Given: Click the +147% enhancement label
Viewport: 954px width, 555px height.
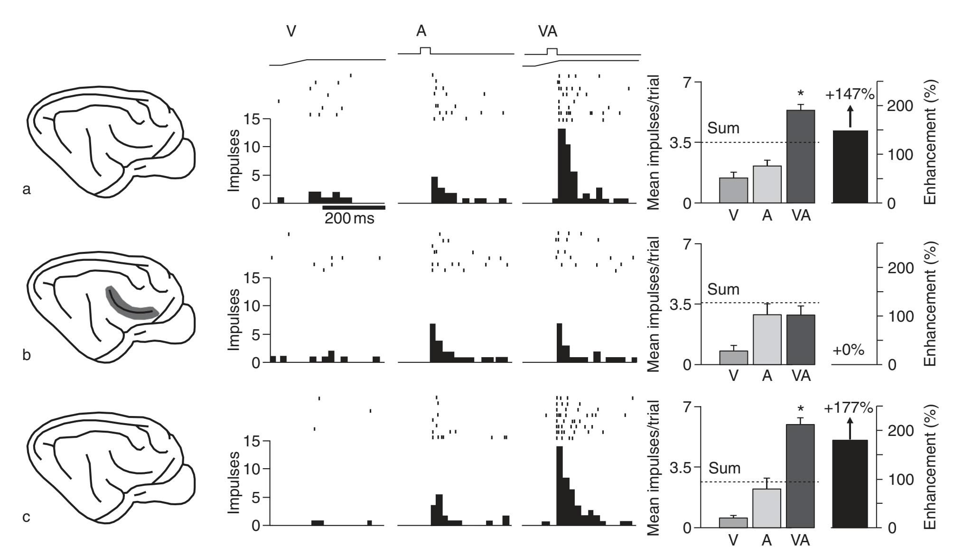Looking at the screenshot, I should pyautogui.click(x=850, y=94).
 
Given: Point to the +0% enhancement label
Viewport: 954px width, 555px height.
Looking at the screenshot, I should pyautogui.click(x=848, y=351).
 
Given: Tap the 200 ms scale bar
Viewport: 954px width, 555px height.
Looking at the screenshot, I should pyautogui.click(x=354, y=207).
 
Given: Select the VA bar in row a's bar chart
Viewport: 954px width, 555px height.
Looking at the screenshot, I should pyautogui.click(x=800, y=157).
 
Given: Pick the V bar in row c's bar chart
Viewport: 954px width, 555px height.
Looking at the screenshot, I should pyautogui.click(x=733, y=522).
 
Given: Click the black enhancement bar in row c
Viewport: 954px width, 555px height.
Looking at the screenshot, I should pyautogui.click(x=850, y=483).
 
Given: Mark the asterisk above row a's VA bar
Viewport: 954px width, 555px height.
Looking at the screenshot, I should pyautogui.click(x=801, y=94).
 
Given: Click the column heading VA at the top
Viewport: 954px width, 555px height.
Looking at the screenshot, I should pyautogui.click(x=548, y=32).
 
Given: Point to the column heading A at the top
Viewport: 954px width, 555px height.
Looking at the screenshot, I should pyautogui.click(x=421, y=32).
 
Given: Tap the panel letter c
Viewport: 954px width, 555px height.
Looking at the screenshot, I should pyautogui.click(x=27, y=517).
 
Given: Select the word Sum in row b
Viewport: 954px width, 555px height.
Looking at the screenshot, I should pyautogui.click(x=723, y=289).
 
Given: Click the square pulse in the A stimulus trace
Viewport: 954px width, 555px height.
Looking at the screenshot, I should pyautogui.click(x=425, y=50).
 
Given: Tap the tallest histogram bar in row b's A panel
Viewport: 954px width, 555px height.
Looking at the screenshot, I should pyautogui.click(x=432, y=343).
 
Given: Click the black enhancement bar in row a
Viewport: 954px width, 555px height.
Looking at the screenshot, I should pyautogui.click(x=850, y=166).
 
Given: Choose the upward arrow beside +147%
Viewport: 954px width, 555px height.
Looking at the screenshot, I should pyautogui.click(x=850, y=117).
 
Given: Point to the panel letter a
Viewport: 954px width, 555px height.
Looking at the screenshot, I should pyautogui.click(x=27, y=190).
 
